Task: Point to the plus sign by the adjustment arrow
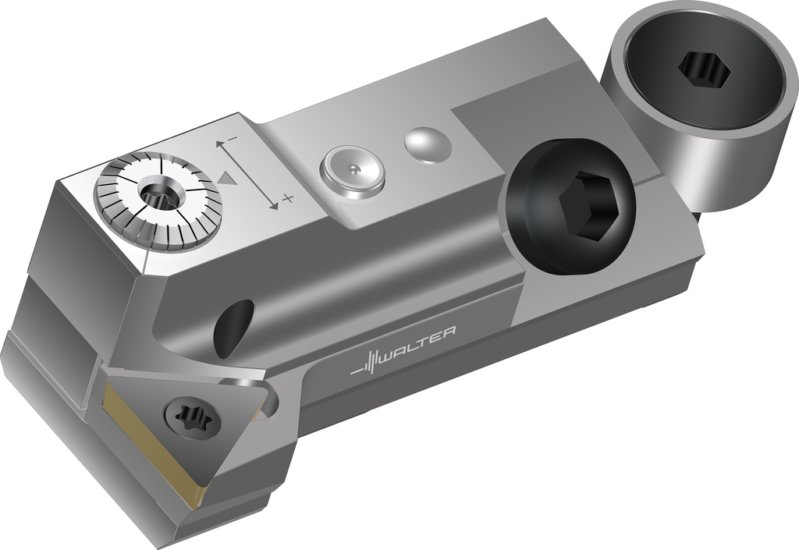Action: [288, 198]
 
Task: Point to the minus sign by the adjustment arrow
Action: [233, 138]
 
